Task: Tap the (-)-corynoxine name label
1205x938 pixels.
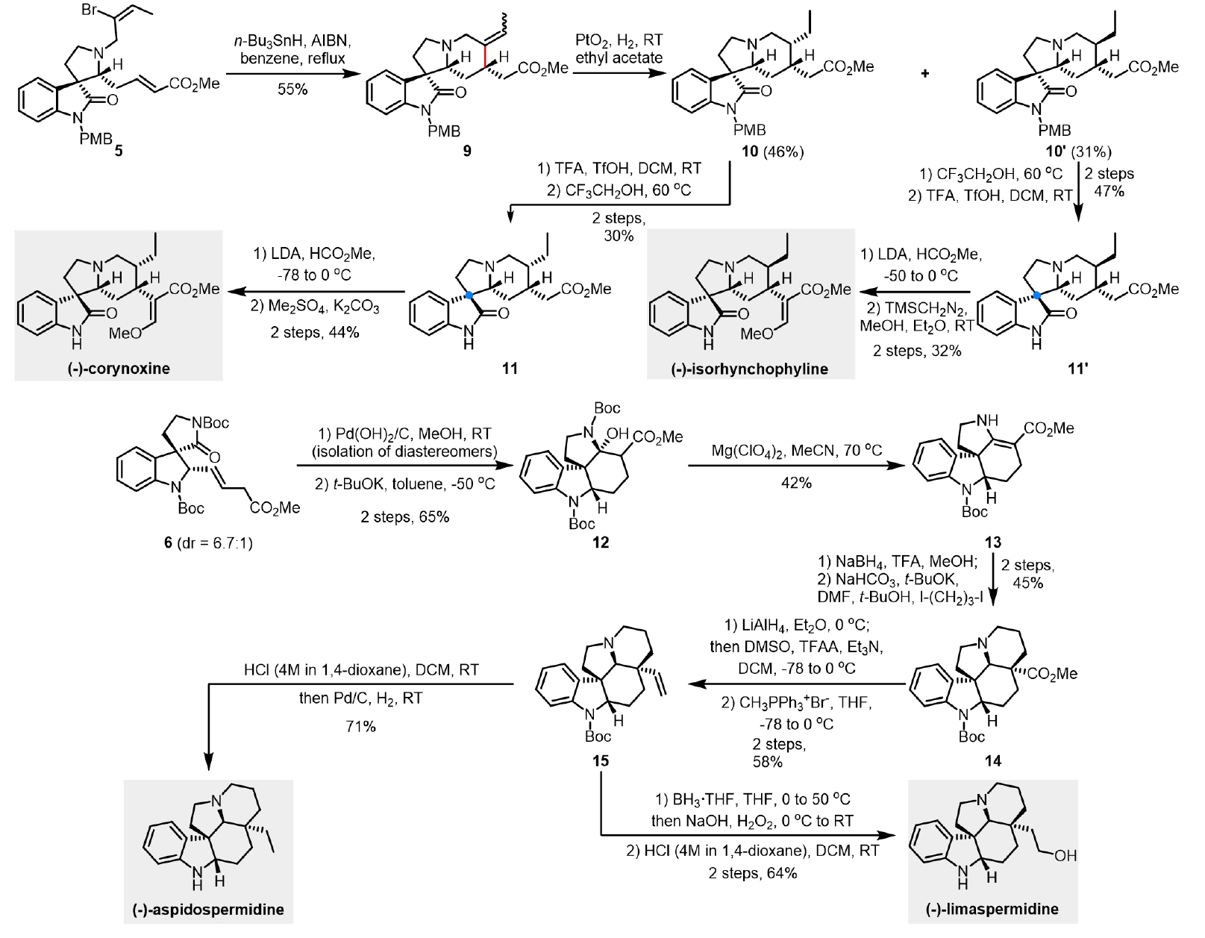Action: (x=119, y=368)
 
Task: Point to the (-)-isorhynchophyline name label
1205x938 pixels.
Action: (x=751, y=369)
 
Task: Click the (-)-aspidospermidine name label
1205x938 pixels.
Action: (x=208, y=910)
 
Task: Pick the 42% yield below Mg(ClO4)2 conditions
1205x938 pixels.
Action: (x=796, y=483)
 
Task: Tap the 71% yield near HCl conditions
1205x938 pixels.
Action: (x=360, y=725)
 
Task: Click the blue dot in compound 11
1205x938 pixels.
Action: (x=469, y=296)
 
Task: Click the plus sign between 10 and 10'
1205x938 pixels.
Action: (x=926, y=73)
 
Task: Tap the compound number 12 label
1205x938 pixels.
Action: (x=600, y=543)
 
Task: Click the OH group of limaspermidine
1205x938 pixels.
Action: (x=1065, y=856)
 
